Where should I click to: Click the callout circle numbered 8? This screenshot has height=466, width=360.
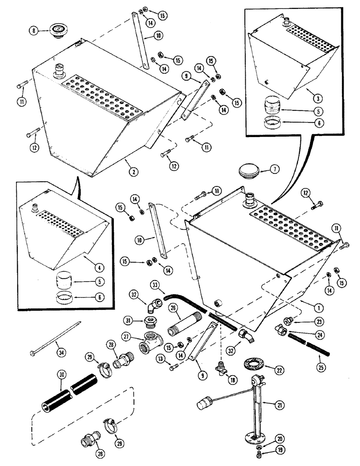(x=33, y=32)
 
